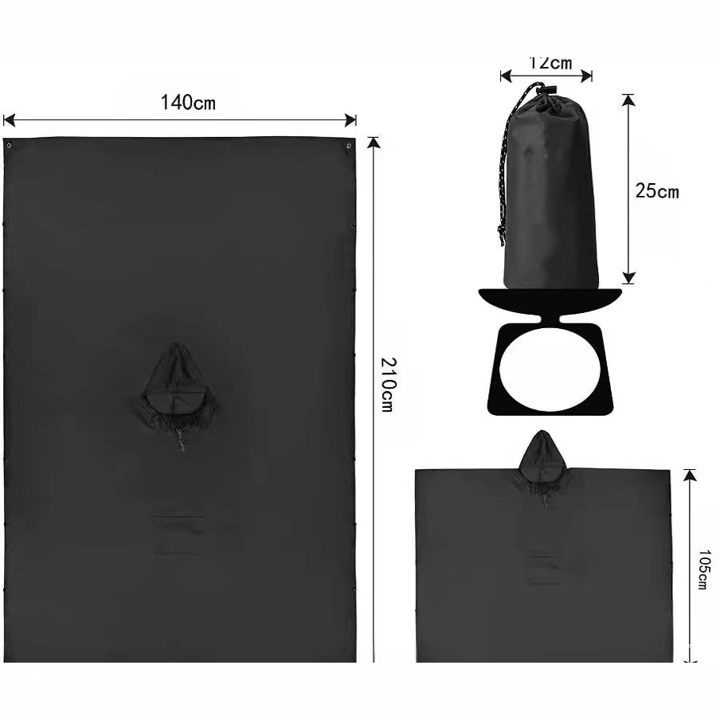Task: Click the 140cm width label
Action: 188,103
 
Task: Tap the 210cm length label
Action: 388,385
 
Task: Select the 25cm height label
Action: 657,190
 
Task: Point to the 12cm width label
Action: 550,63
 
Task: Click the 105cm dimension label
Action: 704,569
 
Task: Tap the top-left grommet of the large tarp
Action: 10,146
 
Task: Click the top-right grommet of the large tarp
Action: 349,146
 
